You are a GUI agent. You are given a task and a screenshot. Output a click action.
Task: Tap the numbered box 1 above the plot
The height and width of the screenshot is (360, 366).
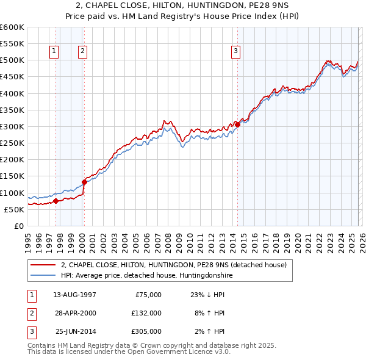tap(55, 52)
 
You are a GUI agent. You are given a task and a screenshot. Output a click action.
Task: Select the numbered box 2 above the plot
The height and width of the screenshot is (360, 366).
tap(82, 52)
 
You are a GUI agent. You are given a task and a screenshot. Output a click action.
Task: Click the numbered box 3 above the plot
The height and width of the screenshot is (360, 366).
tap(235, 52)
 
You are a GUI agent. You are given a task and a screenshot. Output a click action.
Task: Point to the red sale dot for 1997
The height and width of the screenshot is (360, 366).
tap(56, 201)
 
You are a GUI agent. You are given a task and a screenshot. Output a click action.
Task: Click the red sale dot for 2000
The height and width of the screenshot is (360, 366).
tap(84, 182)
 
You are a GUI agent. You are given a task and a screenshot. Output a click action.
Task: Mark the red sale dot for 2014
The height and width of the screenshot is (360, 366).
tap(237, 124)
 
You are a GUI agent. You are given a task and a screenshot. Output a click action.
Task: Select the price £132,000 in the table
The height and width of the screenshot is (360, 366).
tap(146, 312)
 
